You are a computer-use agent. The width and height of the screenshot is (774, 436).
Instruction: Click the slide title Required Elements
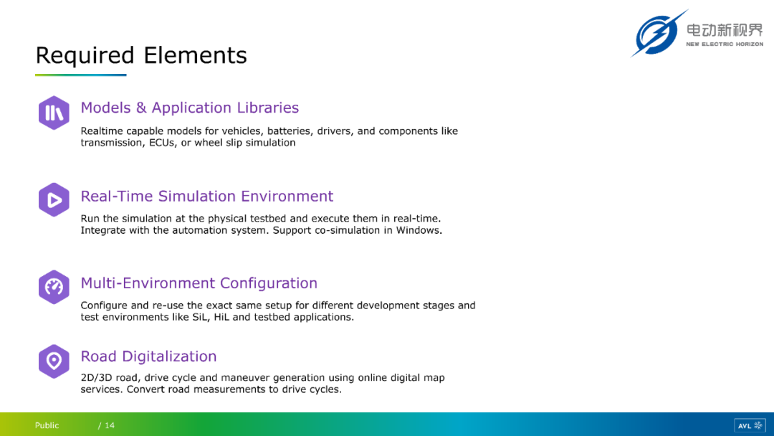(x=141, y=55)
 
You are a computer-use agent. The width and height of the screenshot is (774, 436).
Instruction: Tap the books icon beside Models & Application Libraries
(x=54, y=113)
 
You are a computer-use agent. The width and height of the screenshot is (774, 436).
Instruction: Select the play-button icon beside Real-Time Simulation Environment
(x=54, y=199)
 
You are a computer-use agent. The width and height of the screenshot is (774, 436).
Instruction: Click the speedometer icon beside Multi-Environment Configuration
(x=54, y=287)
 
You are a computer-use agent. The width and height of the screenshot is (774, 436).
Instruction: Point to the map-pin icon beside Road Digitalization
(x=54, y=361)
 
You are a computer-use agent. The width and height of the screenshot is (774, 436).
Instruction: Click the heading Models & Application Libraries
(x=189, y=108)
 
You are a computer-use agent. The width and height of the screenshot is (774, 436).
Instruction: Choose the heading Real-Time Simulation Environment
(x=207, y=196)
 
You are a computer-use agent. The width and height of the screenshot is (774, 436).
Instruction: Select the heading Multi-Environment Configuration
(x=199, y=283)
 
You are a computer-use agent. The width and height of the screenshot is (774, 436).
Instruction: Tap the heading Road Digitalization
(x=148, y=356)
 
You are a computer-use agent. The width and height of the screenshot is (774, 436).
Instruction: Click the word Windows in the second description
(x=419, y=230)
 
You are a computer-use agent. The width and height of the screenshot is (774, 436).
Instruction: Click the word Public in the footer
(x=47, y=425)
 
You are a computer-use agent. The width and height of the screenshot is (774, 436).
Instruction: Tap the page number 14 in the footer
(x=110, y=425)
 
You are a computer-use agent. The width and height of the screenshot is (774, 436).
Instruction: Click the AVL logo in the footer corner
(x=750, y=425)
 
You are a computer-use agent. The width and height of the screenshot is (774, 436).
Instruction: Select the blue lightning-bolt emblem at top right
(x=659, y=34)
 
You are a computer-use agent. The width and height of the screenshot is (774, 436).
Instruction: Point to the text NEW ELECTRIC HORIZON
(x=725, y=44)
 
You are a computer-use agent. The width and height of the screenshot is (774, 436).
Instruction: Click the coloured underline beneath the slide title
(x=81, y=75)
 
